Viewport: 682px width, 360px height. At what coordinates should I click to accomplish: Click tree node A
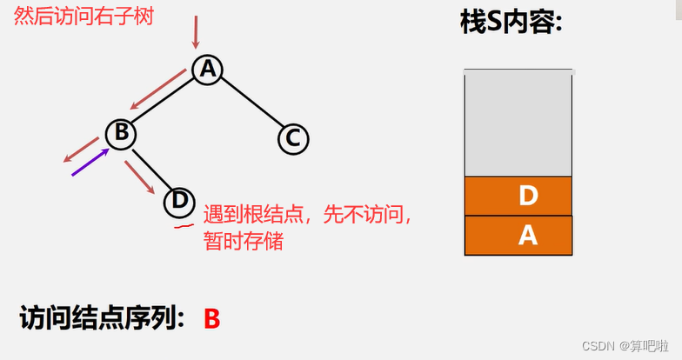[206, 70]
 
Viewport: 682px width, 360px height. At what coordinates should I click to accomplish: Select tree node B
[121, 133]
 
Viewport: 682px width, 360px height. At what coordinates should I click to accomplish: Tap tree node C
[293, 137]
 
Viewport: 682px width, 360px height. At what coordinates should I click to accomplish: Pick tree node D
[179, 201]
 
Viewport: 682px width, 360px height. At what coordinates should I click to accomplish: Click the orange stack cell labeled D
[518, 196]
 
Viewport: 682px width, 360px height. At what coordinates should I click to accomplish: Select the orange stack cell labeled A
[518, 235]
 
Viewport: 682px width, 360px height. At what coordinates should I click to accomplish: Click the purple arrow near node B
[90, 163]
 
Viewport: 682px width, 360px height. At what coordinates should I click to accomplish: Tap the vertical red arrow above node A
[196, 31]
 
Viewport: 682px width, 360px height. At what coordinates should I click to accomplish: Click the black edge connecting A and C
[252, 102]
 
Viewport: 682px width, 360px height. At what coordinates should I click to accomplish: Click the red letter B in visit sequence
[211, 318]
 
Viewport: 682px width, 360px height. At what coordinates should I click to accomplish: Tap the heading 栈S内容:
[512, 23]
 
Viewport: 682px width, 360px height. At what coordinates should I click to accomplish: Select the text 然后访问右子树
[84, 17]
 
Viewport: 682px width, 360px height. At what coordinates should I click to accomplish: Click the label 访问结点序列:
[102, 318]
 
